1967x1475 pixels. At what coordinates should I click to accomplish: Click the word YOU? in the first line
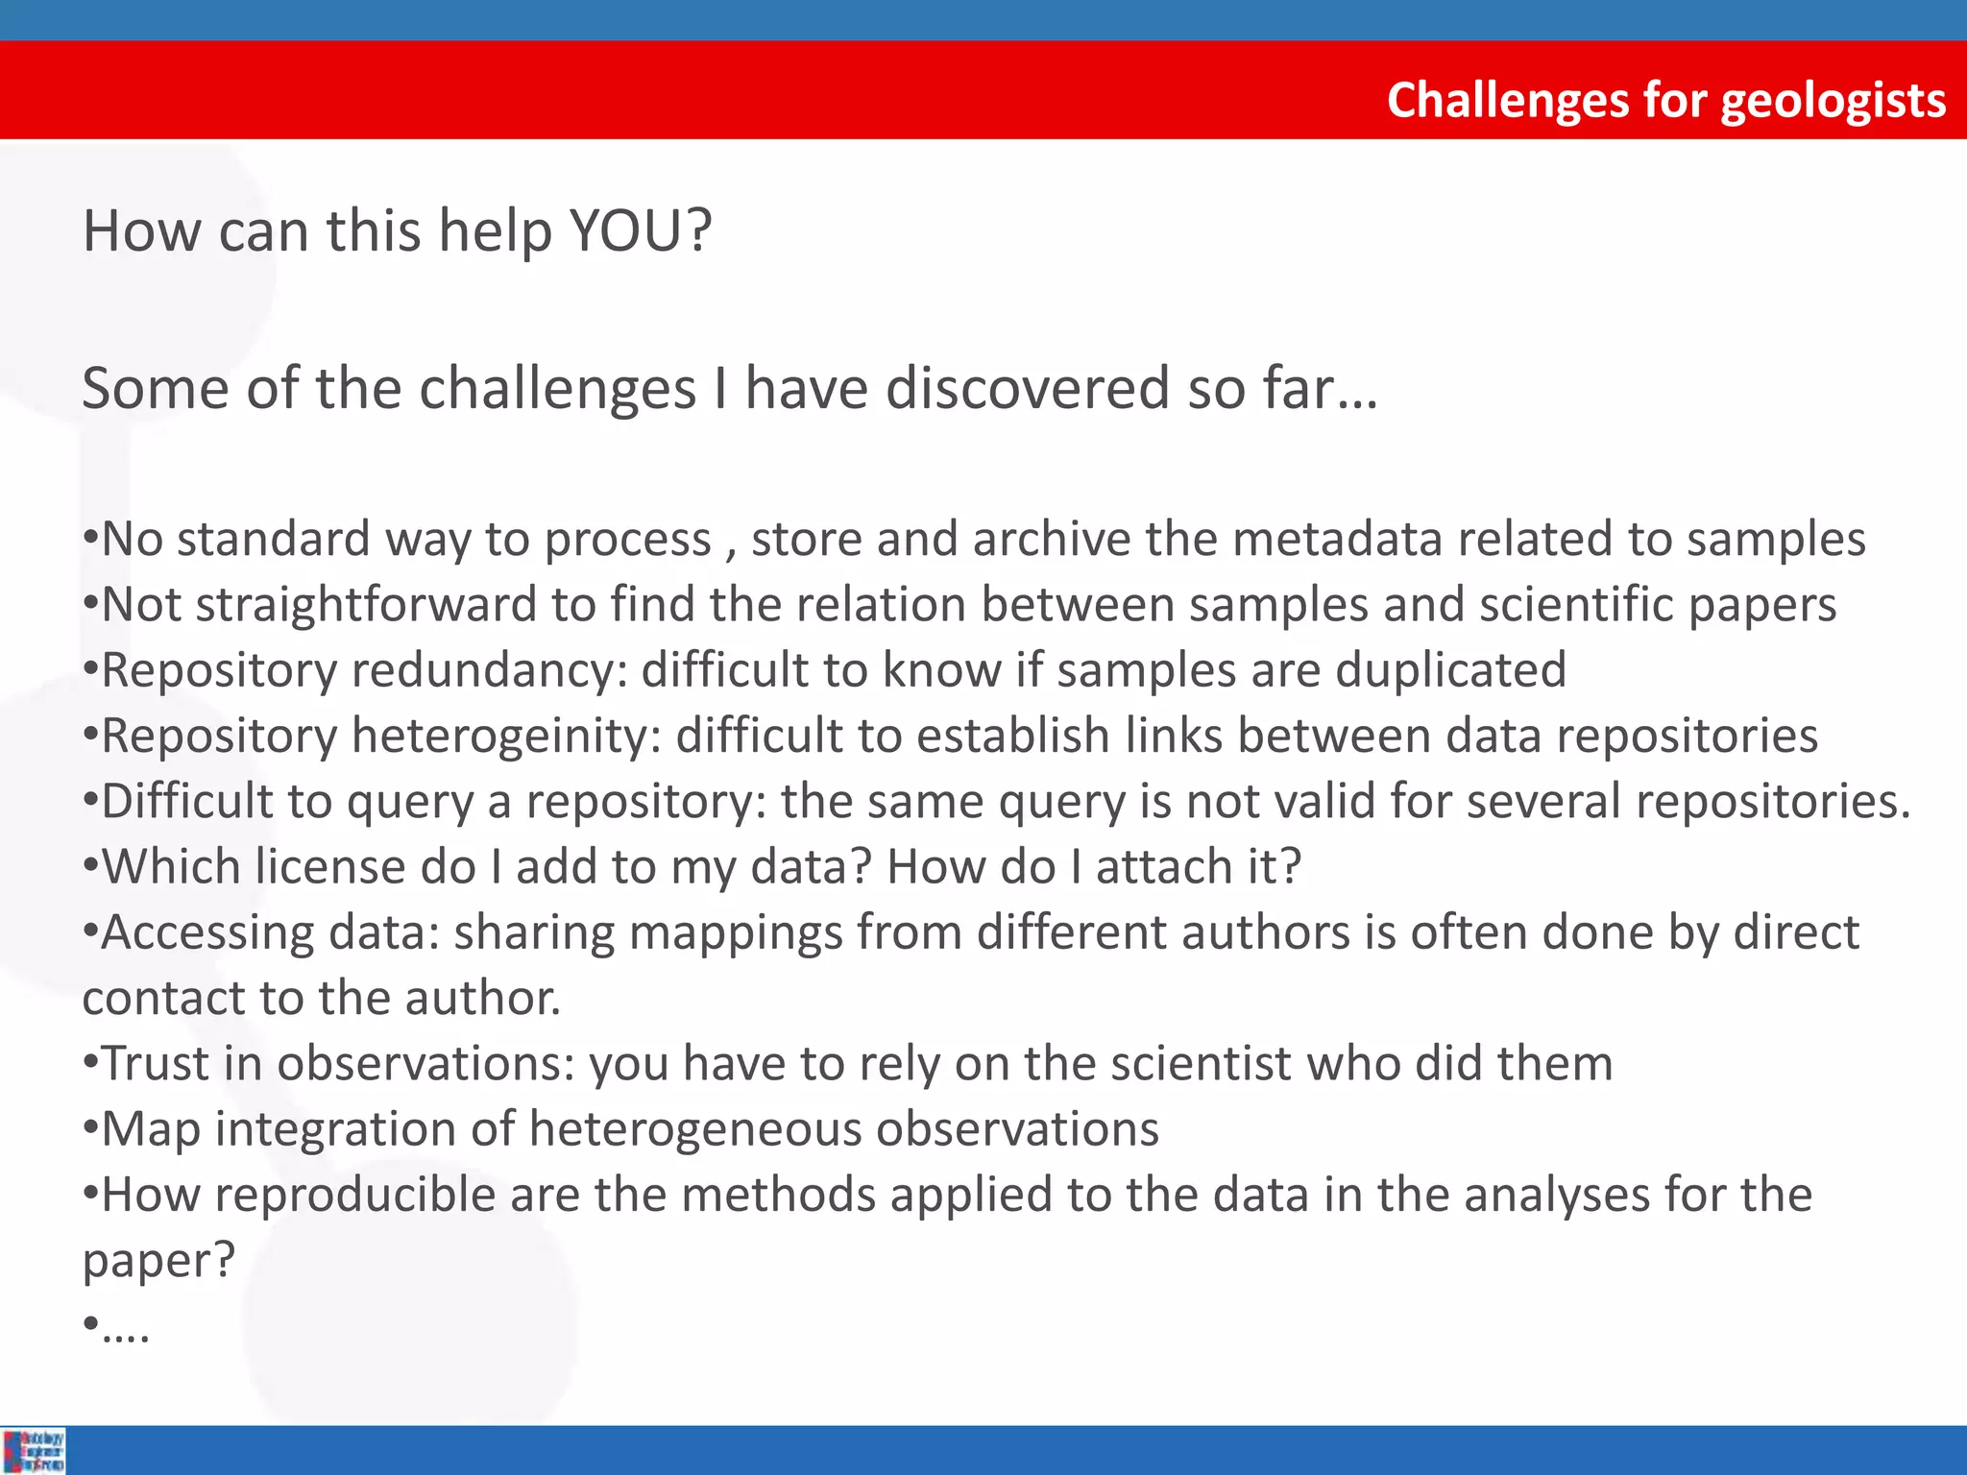click(641, 231)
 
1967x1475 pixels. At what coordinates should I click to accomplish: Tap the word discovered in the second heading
click(1028, 389)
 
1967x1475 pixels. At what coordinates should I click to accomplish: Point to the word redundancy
click(489, 670)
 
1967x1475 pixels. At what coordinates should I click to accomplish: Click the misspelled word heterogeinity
click(506, 737)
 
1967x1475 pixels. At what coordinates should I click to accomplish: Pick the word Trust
click(155, 1064)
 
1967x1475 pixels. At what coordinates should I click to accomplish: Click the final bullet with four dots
click(117, 1326)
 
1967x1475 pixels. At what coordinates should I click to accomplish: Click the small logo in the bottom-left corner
click(33, 1450)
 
